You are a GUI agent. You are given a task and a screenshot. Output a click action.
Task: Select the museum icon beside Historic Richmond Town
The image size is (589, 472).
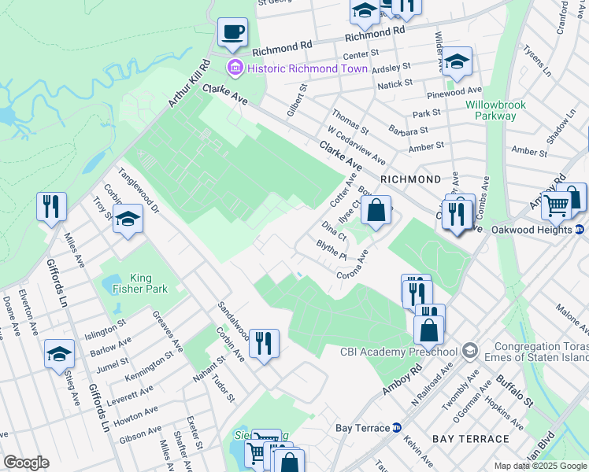click(x=235, y=68)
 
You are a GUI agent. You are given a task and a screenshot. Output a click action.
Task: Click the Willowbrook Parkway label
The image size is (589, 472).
click(x=502, y=110)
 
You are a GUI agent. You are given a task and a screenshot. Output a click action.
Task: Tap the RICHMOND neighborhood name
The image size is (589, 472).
click(x=410, y=179)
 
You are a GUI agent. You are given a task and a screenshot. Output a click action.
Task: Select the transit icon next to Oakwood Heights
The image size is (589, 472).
click(x=580, y=230)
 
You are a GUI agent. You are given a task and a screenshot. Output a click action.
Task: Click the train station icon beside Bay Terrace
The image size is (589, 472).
click(x=397, y=428)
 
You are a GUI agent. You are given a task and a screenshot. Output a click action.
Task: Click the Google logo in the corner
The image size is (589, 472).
click(x=26, y=463)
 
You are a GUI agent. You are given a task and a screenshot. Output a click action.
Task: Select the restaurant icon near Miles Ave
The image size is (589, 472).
click(x=51, y=207)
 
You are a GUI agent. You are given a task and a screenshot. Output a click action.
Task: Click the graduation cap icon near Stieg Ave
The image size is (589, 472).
click(x=59, y=355)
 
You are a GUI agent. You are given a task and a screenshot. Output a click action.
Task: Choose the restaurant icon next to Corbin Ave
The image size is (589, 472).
click(x=264, y=342)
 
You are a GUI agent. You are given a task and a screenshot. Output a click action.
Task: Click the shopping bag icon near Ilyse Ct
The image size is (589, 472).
click(x=377, y=211)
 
